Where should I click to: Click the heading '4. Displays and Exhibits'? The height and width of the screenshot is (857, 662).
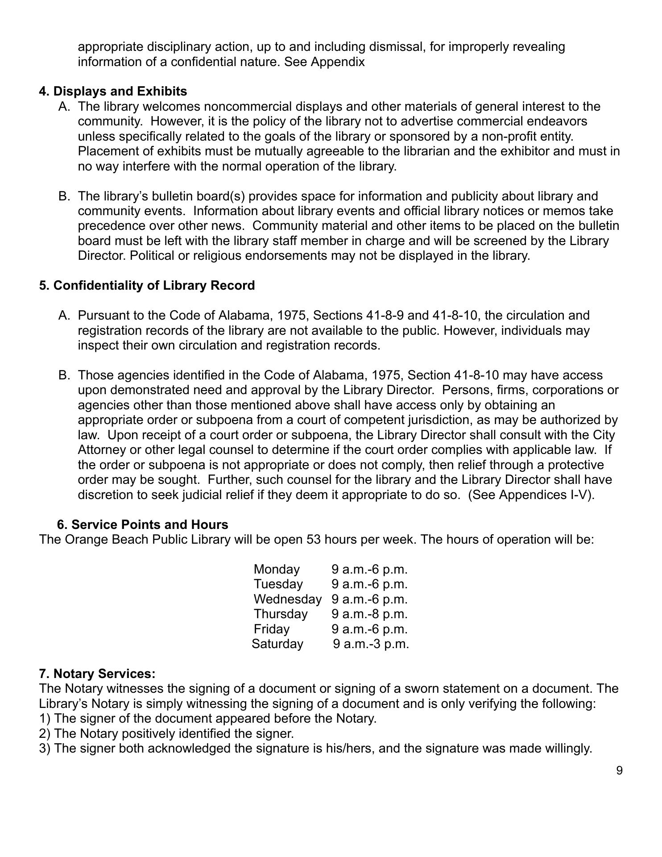click(x=113, y=92)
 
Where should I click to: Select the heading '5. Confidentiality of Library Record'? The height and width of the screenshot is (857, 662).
click(x=147, y=286)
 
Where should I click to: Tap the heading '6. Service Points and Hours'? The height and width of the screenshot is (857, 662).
click(x=143, y=524)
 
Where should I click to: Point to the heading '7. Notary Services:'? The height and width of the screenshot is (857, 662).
click(x=97, y=674)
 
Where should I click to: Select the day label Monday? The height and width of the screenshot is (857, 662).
click(x=277, y=570)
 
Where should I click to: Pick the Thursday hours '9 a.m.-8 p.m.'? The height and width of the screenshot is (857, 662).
click(x=369, y=614)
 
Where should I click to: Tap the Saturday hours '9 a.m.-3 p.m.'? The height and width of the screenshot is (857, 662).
click(x=371, y=644)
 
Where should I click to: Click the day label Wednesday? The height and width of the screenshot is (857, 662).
click(x=287, y=599)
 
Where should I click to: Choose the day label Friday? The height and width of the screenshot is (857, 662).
click(x=272, y=629)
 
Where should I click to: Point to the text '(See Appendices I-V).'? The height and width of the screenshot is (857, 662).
click(x=531, y=495)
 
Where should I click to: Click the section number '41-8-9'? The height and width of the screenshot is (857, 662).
click(x=385, y=316)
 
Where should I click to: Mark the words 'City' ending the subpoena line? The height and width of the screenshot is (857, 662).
click(x=604, y=435)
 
